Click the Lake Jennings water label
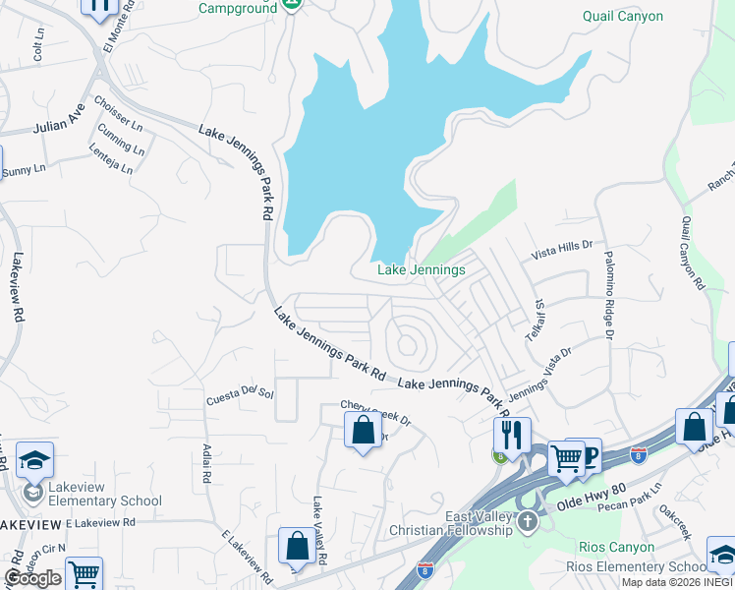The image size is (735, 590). (422, 269)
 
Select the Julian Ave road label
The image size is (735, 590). (59, 125)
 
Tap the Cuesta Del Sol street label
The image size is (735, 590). (239, 395)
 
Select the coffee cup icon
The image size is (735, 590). (589, 454)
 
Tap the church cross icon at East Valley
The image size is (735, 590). (528, 519)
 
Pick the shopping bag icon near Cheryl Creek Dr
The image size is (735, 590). (363, 430)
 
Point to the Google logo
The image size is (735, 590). (32, 578)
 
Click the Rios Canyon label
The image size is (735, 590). (617, 548)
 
